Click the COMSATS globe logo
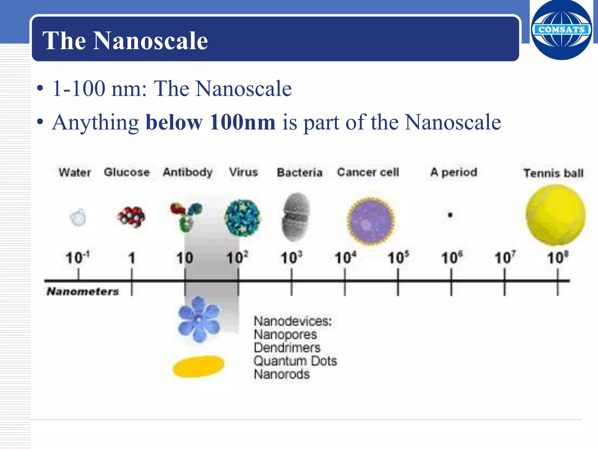tap(561, 30)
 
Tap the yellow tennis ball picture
tap(555, 215)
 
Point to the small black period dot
tap(450, 215)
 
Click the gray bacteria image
tap(296, 217)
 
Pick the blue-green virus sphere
tap(242, 218)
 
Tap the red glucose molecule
tap(131, 217)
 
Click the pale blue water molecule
tap(78, 217)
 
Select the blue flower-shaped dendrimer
tap(199, 319)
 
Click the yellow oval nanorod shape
tap(199, 366)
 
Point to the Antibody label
tap(188, 172)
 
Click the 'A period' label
tap(453, 172)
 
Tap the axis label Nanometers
tap(83, 291)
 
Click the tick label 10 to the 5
tap(398, 258)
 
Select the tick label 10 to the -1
tap(77, 258)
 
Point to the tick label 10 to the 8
tap(557, 258)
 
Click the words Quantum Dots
tap(295, 361)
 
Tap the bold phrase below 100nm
tap(210, 122)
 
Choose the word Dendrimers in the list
tap(287, 348)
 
